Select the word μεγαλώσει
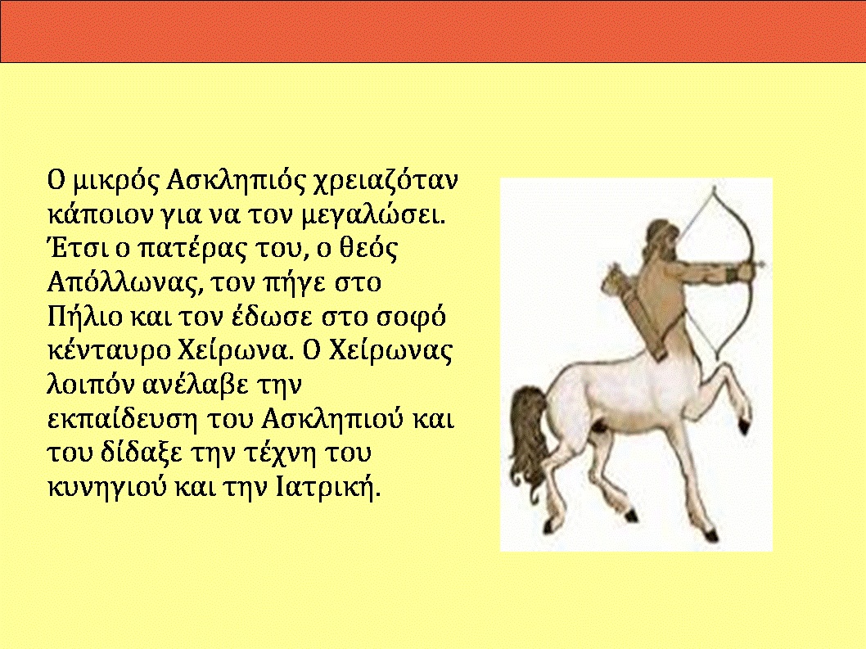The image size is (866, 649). point(373,216)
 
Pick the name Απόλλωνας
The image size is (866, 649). point(123,284)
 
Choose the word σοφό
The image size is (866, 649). point(411,318)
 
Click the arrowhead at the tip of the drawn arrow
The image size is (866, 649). point(761,264)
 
